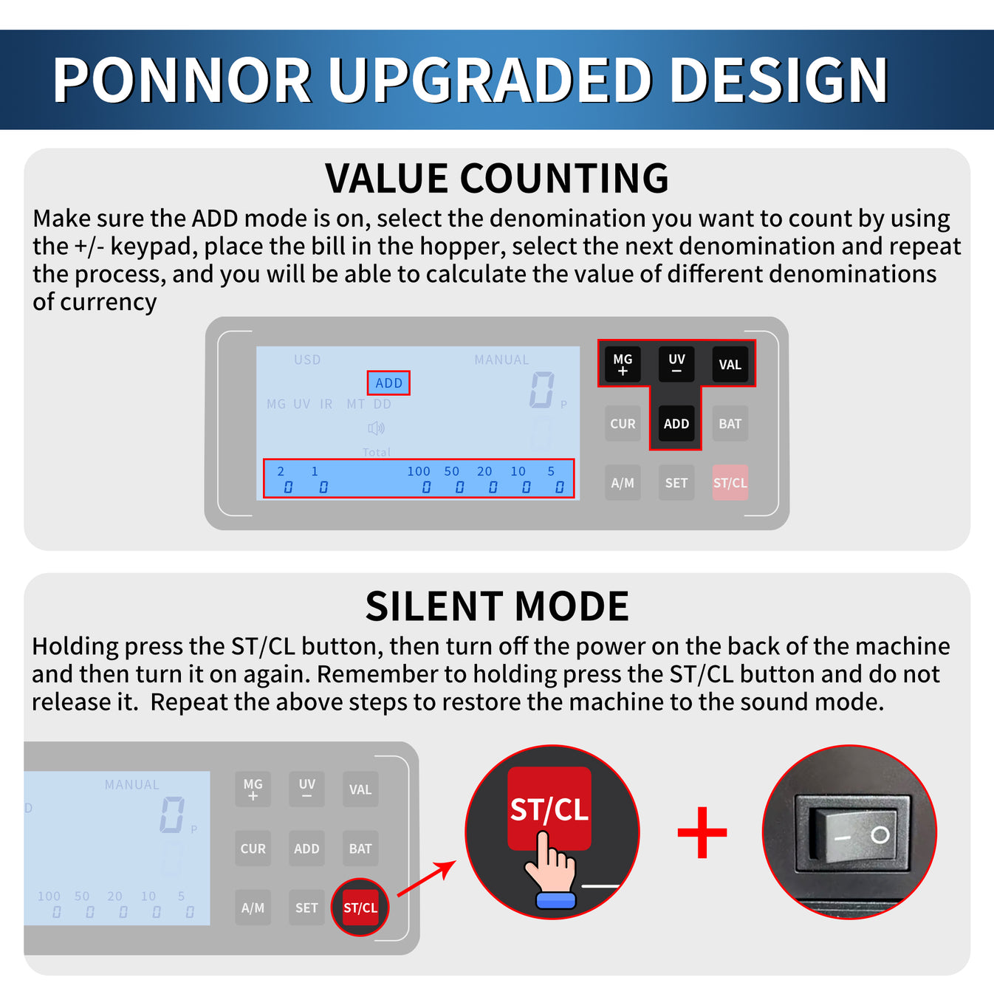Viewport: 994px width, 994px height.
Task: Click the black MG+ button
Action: click(x=623, y=364)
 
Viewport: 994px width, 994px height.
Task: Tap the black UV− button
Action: click(x=676, y=364)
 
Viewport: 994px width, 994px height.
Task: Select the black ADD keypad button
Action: click(x=676, y=424)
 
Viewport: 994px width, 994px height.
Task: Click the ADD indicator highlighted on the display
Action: click(x=388, y=383)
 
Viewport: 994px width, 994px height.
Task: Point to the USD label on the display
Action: click(x=307, y=360)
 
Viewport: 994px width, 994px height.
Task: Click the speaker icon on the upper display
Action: click(x=377, y=428)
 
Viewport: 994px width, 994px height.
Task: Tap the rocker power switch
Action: click(x=849, y=834)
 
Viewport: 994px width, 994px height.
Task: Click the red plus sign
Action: click(x=702, y=832)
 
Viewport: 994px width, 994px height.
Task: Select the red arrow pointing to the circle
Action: click(x=427, y=879)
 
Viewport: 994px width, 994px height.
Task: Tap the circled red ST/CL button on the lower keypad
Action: click(x=360, y=908)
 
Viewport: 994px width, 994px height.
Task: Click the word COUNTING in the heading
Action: click(x=564, y=179)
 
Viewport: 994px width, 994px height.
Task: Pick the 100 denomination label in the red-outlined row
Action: click(x=418, y=471)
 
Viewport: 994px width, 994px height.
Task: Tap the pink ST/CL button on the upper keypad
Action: click(x=730, y=483)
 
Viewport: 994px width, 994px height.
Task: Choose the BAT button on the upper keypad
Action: click(x=730, y=424)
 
